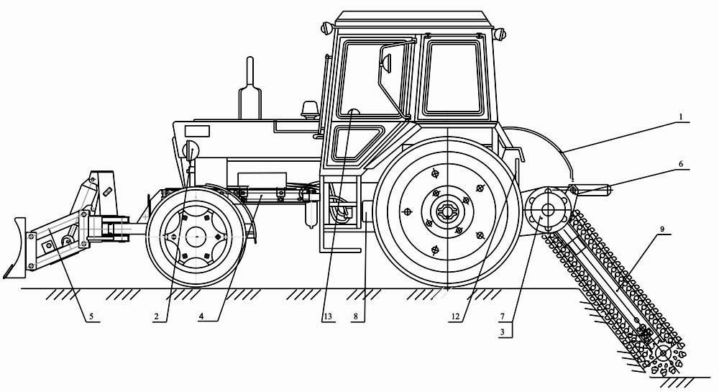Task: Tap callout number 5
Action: [91, 315]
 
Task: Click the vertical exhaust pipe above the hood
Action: [250, 90]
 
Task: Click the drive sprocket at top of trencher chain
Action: [546, 211]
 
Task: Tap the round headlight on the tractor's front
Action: [191, 150]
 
